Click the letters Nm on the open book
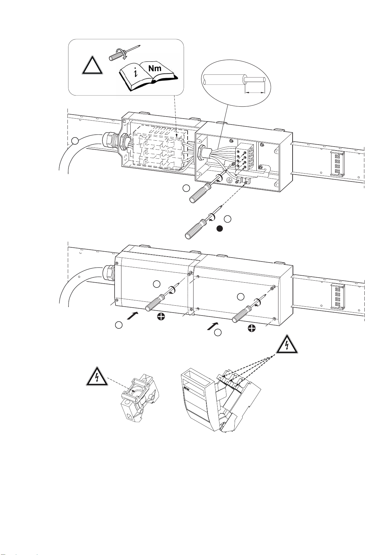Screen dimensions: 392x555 155,68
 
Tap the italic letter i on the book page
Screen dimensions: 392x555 136,73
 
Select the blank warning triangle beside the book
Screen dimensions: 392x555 92,65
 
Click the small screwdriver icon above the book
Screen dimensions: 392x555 124,52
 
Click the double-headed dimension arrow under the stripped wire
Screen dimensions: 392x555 254,93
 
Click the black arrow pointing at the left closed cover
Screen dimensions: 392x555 132,316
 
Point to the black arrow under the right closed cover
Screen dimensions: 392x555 213,326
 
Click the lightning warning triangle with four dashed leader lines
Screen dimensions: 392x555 287,344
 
